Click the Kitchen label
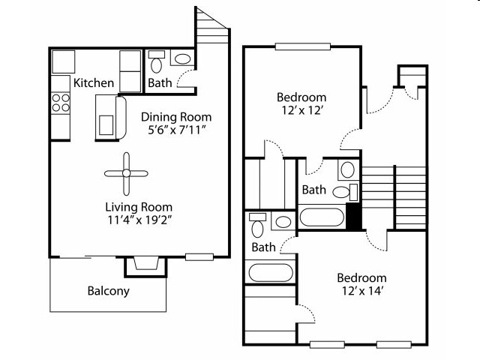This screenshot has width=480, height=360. point(94,83)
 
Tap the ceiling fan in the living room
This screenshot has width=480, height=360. point(126,173)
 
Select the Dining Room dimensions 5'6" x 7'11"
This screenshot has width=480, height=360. point(176,130)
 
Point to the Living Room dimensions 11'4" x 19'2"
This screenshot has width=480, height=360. point(139,220)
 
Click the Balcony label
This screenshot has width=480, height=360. point(108,291)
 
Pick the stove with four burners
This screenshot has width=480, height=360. point(61,103)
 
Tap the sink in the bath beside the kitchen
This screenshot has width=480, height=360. point(182,58)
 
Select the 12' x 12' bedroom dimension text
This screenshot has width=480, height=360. point(301,110)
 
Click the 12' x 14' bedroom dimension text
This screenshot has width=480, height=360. point(362,291)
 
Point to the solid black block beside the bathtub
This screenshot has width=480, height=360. point(353,216)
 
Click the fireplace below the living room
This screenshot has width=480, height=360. point(146,266)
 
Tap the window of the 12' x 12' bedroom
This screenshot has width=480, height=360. point(303,46)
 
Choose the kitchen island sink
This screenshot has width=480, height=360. point(106,125)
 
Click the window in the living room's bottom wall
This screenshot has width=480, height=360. point(199,257)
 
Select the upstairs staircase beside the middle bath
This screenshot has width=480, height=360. point(394,198)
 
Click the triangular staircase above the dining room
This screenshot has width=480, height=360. point(212,26)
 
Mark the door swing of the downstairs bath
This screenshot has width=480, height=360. point(186,79)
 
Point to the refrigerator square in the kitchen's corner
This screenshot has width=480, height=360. point(63,61)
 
